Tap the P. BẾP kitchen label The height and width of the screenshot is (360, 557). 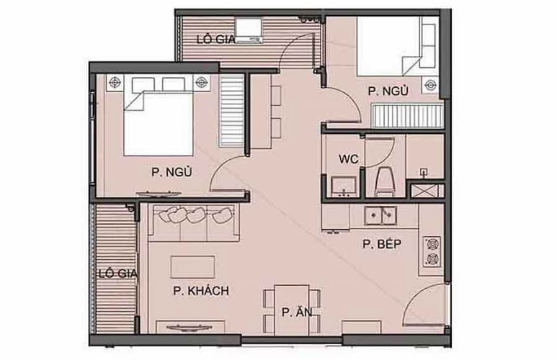(381, 245)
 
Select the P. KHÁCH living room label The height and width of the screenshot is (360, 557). (200, 291)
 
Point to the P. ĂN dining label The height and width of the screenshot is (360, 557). (296, 312)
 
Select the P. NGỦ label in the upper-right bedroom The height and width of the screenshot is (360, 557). (388, 91)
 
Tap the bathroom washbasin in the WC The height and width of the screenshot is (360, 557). (342, 186)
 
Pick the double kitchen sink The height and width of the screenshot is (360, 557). (382, 215)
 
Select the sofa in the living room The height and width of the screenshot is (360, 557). (195, 222)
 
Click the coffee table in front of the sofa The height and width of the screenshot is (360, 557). (192, 266)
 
